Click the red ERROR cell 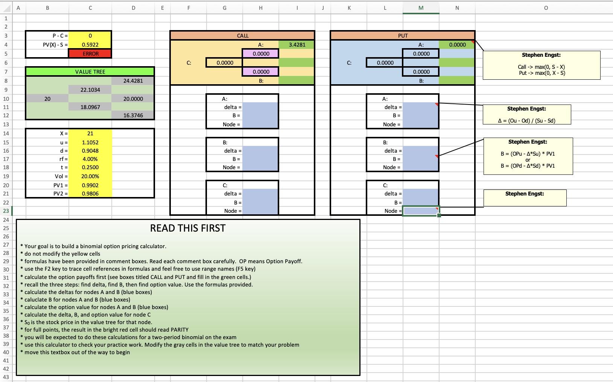click(x=90, y=54)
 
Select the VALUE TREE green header click(x=90, y=72)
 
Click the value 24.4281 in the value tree click(x=133, y=81)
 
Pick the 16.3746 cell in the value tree click(x=133, y=115)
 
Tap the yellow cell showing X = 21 click(x=90, y=133)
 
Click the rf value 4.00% click(x=90, y=159)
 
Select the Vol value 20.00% click(x=90, y=176)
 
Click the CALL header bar click(x=242, y=36)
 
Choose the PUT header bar click(x=403, y=36)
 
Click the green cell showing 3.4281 click(x=297, y=45)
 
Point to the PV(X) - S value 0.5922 click(x=90, y=45)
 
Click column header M click(x=421, y=8)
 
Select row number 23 click(x=6, y=211)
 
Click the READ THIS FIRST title click(x=188, y=228)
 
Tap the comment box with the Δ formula click(x=527, y=115)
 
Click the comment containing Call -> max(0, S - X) click(x=542, y=65)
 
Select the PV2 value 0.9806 click(x=90, y=193)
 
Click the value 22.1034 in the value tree click(x=90, y=90)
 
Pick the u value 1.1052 click(x=90, y=142)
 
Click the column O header click(x=546, y=8)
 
